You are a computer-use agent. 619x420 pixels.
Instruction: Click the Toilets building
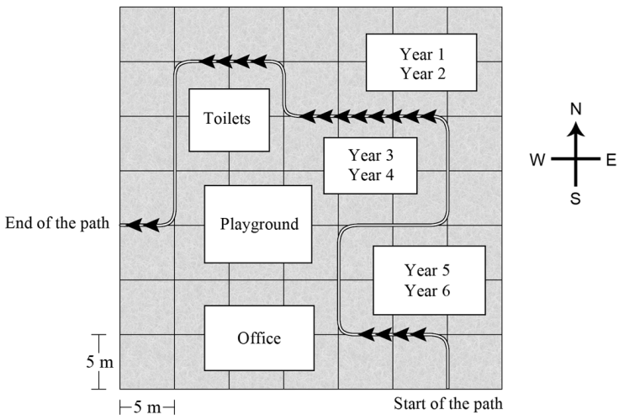[x=230, y=120]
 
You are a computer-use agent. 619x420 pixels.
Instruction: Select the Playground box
[x=258, y=224]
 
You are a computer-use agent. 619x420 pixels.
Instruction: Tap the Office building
[x=259, y=338]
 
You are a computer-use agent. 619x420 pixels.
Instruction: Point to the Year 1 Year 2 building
[x=421, y=62]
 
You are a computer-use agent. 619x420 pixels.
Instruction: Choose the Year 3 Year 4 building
[x=370, y=166]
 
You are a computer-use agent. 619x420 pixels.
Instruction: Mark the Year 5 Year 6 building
[x=429, y=280]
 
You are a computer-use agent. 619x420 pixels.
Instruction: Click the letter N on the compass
[x=576, y=109]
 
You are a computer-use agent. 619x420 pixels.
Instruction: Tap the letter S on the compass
[x=575, y=199]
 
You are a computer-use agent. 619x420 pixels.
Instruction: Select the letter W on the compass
[x=537, y=160]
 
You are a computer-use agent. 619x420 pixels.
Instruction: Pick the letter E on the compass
[x=611, y=160]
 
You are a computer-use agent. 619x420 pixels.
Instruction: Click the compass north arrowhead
[x=575, y=129]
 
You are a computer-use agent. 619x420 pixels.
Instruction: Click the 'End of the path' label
[x=57, y=223]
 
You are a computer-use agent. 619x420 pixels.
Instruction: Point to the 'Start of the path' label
[x=448, y=404]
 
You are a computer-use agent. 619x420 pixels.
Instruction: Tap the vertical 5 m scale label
[x=100, y=362]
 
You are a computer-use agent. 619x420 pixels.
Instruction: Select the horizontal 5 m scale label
[x=147, y=407]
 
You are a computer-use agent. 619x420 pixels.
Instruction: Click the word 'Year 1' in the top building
[x=422, y=54]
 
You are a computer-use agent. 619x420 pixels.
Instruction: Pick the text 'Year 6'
[x=427, y=290]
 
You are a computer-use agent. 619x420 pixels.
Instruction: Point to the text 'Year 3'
[x=371, y=155]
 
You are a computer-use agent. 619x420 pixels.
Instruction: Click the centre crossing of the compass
[x=575, y=159]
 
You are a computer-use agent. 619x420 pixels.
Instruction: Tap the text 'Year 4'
[x=371, y=174]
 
